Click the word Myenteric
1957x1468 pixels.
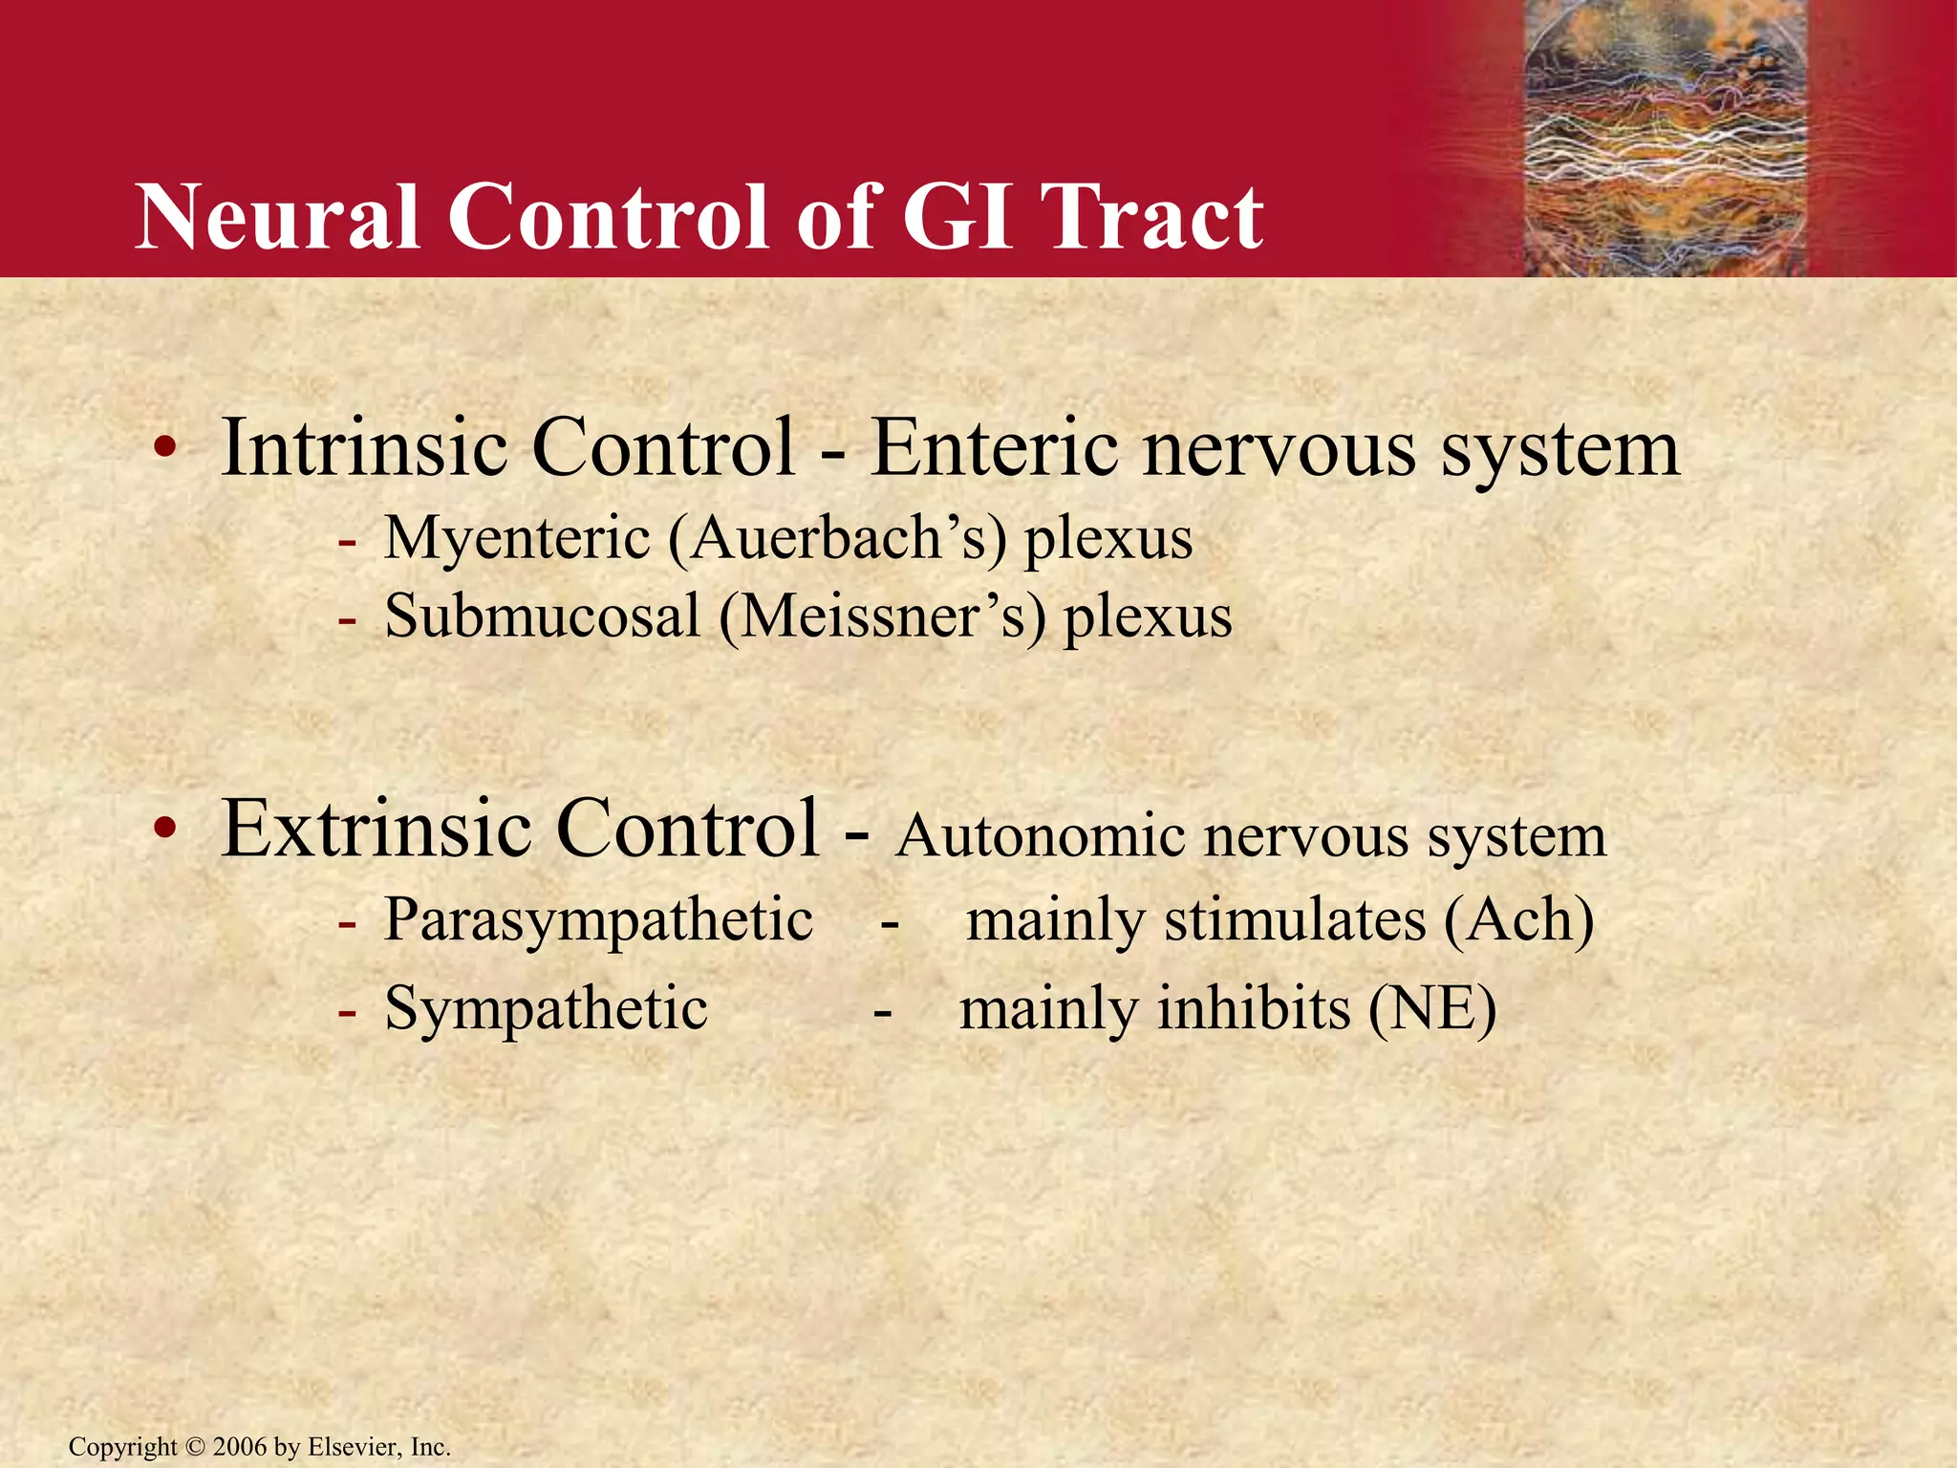(x=517, y=538)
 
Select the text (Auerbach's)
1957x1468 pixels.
(x=837, y=538)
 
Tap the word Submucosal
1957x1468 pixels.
(x=542, y=616)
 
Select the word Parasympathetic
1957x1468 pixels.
(x=598, y=920)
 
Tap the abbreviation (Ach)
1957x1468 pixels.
(x=1518, y=920)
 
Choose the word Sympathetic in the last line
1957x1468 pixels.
(x=546, y=1008)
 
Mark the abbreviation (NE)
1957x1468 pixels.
(x=1432, y=1008)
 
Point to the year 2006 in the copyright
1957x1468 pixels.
(x=240, y=1447)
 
